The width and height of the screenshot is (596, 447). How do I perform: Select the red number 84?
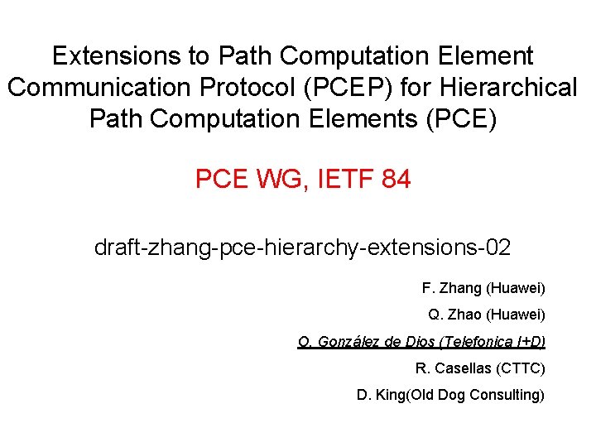tap(396, 178)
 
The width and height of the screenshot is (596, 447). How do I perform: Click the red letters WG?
tap(272, 178)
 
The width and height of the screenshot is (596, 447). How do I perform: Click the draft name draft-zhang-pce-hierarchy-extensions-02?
tap(302, 247)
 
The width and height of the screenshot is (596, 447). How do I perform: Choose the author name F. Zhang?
tap(452, 288)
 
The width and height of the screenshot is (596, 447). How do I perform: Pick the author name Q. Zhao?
tap(455, 315)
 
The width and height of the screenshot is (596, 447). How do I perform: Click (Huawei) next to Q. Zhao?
tap(516, 315)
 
